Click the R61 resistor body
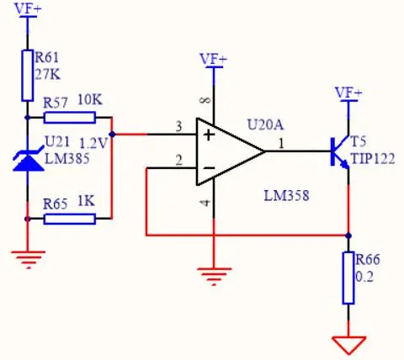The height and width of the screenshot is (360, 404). click(x=28, y=76)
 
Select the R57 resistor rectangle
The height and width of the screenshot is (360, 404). click(x=70, y=118)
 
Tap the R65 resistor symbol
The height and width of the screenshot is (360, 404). click(x=70, y=219)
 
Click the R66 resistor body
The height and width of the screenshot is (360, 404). click(x=348, y=278)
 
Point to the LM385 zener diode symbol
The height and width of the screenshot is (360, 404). click(x=28, y=160)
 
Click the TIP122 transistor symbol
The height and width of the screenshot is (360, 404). click(x=340, y=151)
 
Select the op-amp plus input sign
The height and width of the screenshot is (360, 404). click(x=209, y=135)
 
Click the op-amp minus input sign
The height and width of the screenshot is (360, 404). click(x=209, y=168)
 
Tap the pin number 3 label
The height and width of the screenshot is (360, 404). click(x=178, y=127)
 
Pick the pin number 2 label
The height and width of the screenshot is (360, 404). click(x=178, y=161)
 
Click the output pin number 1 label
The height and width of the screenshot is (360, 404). click(x=281, y=144)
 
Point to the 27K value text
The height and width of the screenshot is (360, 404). click(x=48, y=75)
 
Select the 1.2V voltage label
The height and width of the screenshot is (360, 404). click(x=93, y=144)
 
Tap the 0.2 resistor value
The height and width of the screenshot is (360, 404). click(x=364, y=277)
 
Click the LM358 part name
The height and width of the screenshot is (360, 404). click(x=286, y=195)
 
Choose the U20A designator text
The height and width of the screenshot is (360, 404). click(x=265, y=124)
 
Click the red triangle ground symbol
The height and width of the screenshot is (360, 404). click(x=348, y=345)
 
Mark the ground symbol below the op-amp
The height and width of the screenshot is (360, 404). click(x=214, y=276)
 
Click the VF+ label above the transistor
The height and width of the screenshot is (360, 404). click(x=348, y=93)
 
